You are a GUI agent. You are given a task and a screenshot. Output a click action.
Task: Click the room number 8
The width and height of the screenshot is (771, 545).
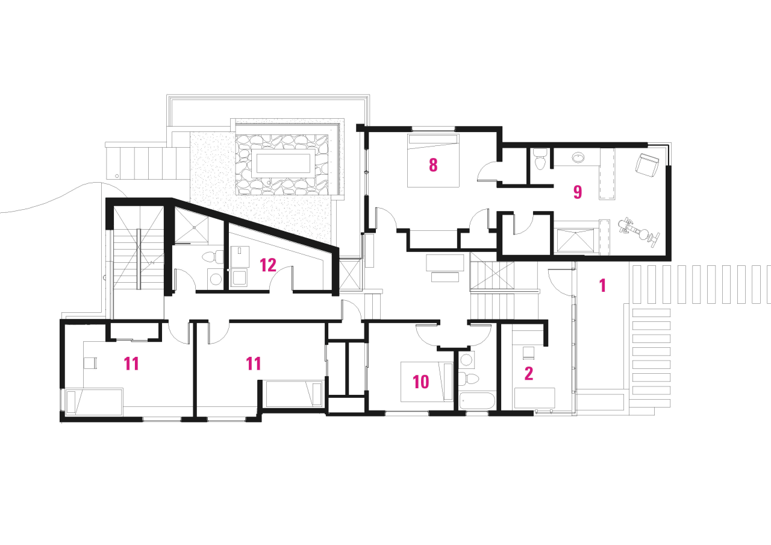pos(432,165)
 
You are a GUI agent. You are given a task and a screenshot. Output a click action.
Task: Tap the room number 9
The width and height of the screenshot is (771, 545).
pos(577,192)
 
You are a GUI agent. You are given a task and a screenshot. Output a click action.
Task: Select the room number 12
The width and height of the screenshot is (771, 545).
pos(268,264)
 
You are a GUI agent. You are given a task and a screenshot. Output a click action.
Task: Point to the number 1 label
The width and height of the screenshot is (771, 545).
pos(602,286)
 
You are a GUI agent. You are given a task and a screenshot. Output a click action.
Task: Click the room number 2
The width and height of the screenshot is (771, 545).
pos(529,374)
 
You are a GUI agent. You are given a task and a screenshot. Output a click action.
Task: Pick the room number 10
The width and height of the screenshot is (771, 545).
pos(420,382)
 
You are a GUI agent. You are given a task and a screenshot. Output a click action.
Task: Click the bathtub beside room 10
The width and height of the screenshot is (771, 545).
pos(476,402)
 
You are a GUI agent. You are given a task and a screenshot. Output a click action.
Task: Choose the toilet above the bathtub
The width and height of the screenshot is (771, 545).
pos(469,379)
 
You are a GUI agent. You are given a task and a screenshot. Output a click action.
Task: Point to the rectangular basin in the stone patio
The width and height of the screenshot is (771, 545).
pos(284,163)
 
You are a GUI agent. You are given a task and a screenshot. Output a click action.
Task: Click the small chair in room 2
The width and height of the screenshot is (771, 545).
pos(528,353)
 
